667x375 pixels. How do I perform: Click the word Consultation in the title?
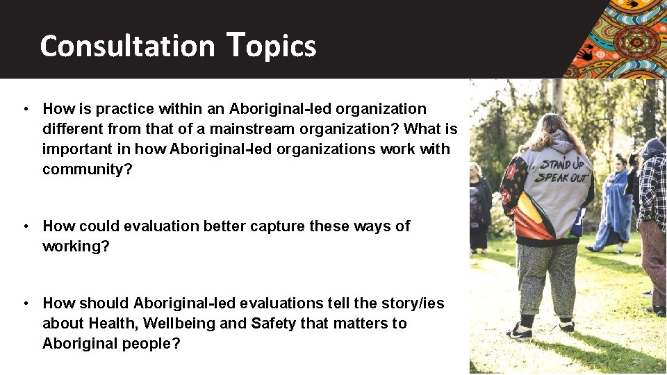(127, 46)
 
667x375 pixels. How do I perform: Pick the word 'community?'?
(87, 169)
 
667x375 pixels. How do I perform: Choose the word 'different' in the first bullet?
(73, 129)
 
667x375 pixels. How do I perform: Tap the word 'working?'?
(76, 247)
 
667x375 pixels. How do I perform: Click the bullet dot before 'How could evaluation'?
(25, 226)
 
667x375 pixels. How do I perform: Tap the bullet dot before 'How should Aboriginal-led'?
(25, 303)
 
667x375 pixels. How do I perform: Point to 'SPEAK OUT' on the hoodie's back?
(560, 178)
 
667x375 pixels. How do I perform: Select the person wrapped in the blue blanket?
(615, 201)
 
